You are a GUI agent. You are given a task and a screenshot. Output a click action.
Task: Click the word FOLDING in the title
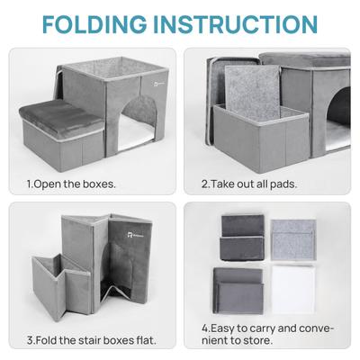pos(102,24)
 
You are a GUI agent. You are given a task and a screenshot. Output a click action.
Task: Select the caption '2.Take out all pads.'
pos(248,184)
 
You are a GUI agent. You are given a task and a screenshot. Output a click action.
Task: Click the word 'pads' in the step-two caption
pos(281,184)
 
